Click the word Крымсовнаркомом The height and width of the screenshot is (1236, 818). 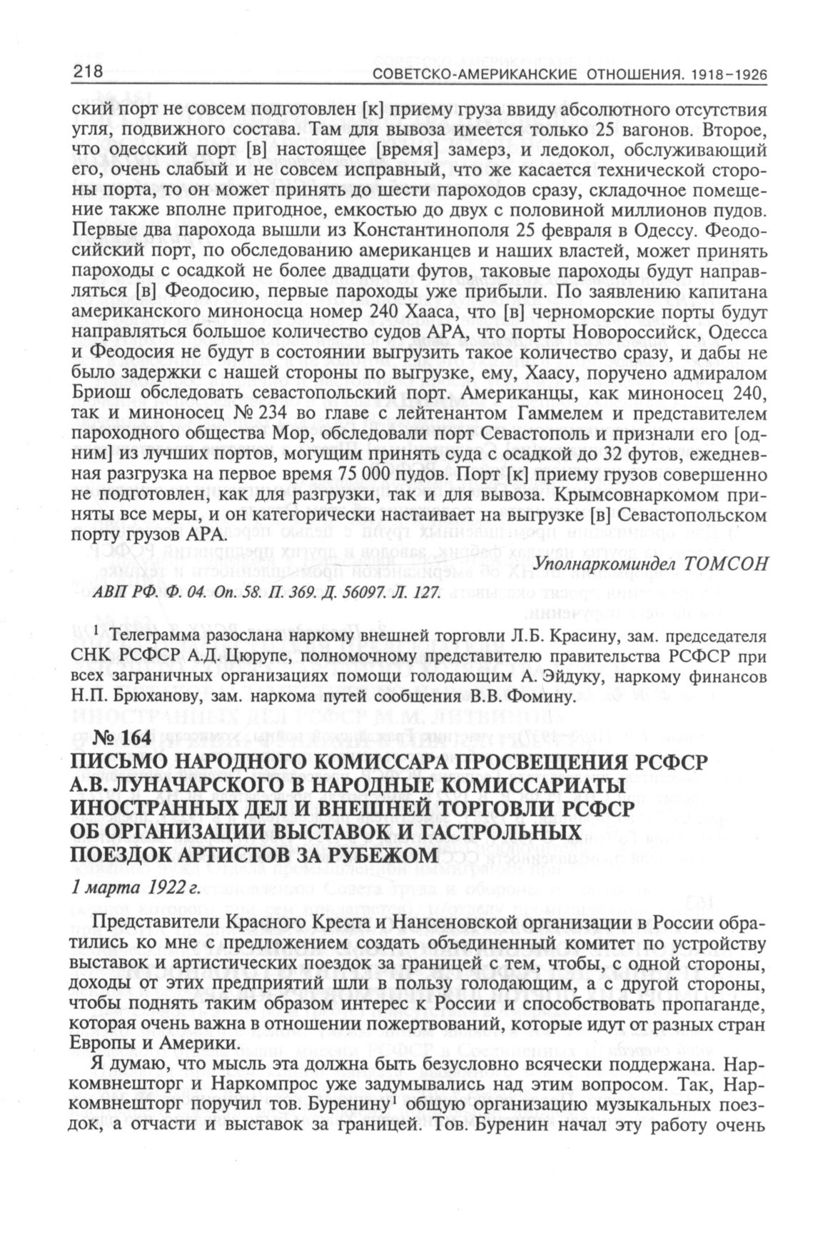630,495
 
